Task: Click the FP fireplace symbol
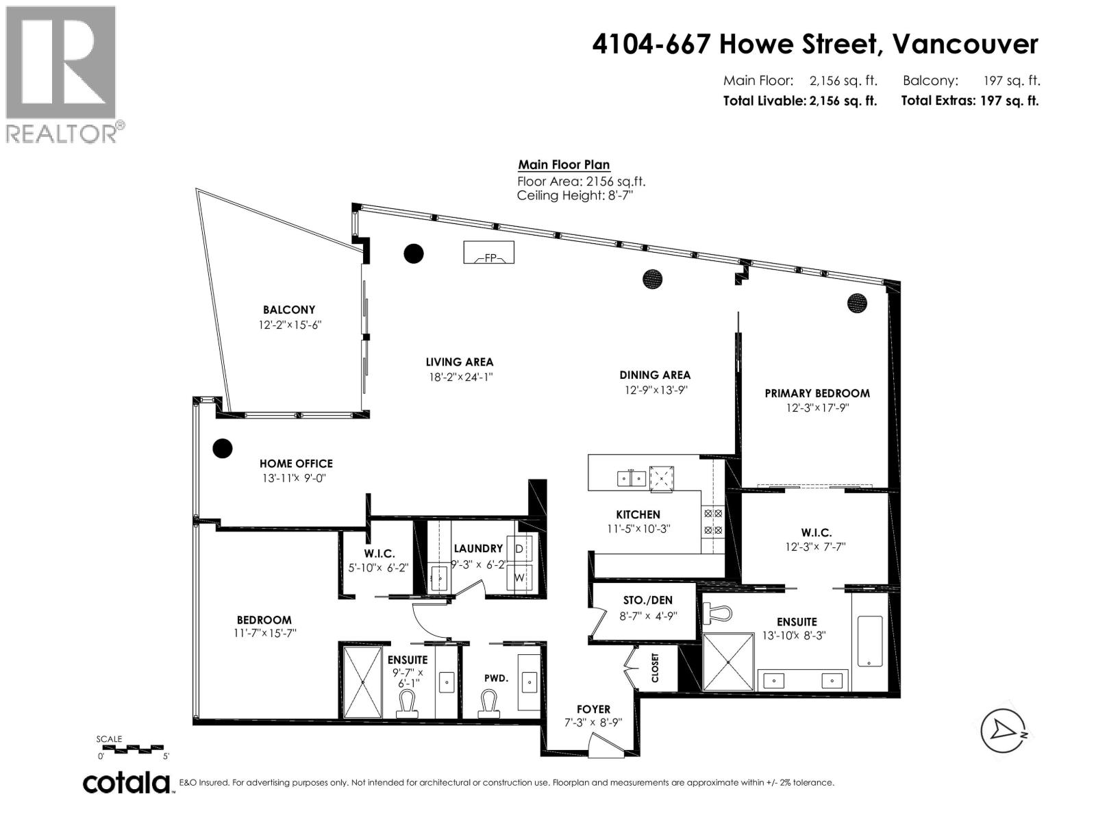click(x=489, y=253)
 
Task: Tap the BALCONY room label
click(x=289, y=310)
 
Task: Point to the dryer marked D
click(x=519, y=549)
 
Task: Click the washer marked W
click(x=519, y=577)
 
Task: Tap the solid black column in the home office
click(x=222, y=449)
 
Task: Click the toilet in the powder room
click(x=488, y=703)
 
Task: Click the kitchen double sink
click(x=631, y=477)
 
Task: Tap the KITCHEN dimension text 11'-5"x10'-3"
click(x=638, y=529)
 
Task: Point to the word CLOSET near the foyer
click(x=656, y=667)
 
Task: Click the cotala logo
click(x=127, y=782)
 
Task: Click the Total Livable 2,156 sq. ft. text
click(x=799, y=101)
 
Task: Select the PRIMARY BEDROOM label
click(x=817, y=393)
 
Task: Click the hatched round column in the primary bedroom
click(x=857, y=303)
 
